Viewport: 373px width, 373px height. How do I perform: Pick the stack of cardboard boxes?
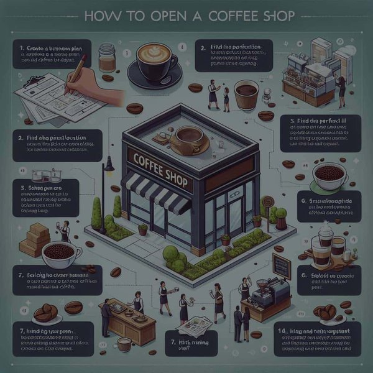36,240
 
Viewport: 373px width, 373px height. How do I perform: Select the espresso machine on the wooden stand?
269,292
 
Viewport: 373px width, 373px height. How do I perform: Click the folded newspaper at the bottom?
195,323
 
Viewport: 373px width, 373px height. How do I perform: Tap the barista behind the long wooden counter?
137,303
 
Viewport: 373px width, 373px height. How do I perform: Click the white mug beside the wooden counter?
124,343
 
